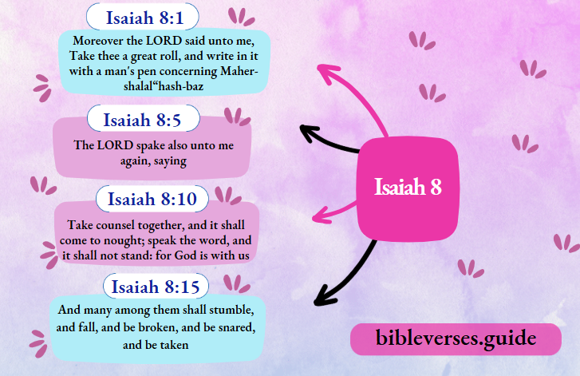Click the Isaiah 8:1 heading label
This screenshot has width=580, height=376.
[x=153, y=17]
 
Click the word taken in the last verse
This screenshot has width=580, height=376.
[x=172, y=345]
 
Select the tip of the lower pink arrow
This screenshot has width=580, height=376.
[x=313, y=216]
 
